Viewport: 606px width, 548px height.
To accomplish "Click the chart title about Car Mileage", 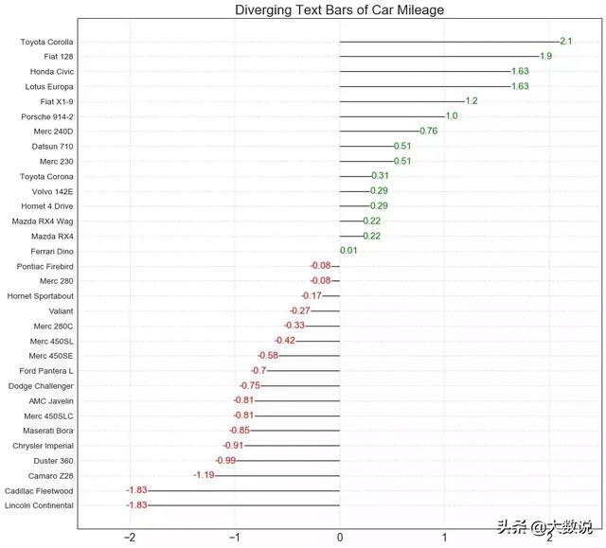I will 339,10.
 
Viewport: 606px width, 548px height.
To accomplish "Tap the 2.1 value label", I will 565,42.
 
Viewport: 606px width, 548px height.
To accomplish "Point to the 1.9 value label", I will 545,57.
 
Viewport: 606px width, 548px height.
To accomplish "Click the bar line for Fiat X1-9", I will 401,101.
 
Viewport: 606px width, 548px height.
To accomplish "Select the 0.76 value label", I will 428,132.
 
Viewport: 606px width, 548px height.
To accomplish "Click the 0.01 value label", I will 348,251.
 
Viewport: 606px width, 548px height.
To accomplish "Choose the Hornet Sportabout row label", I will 41,296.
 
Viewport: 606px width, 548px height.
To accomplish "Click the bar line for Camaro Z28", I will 277,475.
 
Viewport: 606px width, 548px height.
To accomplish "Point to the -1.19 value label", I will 204,475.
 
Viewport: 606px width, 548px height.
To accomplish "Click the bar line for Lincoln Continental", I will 243,505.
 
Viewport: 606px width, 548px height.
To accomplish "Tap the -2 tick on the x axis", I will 130,538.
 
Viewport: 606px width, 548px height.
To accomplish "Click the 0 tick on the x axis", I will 340,538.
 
